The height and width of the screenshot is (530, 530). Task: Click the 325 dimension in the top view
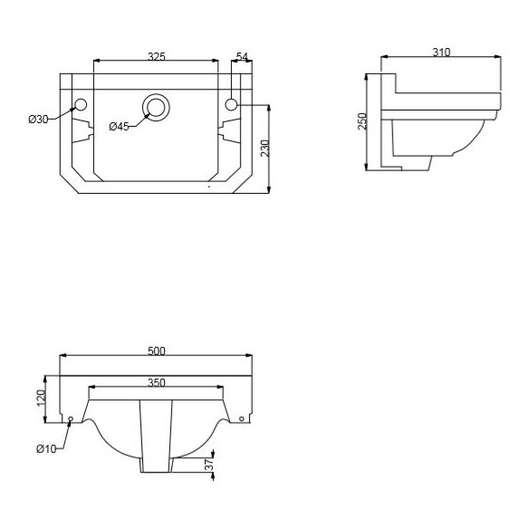[156, 56]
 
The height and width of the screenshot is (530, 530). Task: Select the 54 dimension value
[242, 56]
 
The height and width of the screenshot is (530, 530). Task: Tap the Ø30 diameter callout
[37, 119]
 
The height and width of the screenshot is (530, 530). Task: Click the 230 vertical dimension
[265, 148]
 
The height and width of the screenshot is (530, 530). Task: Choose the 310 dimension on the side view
[441, 53]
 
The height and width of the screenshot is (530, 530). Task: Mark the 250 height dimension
[362, 121]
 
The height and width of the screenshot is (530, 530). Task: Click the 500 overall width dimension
[156, 352]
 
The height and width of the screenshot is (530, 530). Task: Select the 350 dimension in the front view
[156, 383]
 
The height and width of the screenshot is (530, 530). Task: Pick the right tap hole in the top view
[231, 106]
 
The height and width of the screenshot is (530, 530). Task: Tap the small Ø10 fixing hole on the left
[72, 419]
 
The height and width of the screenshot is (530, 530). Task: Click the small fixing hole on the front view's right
[241, 419]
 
